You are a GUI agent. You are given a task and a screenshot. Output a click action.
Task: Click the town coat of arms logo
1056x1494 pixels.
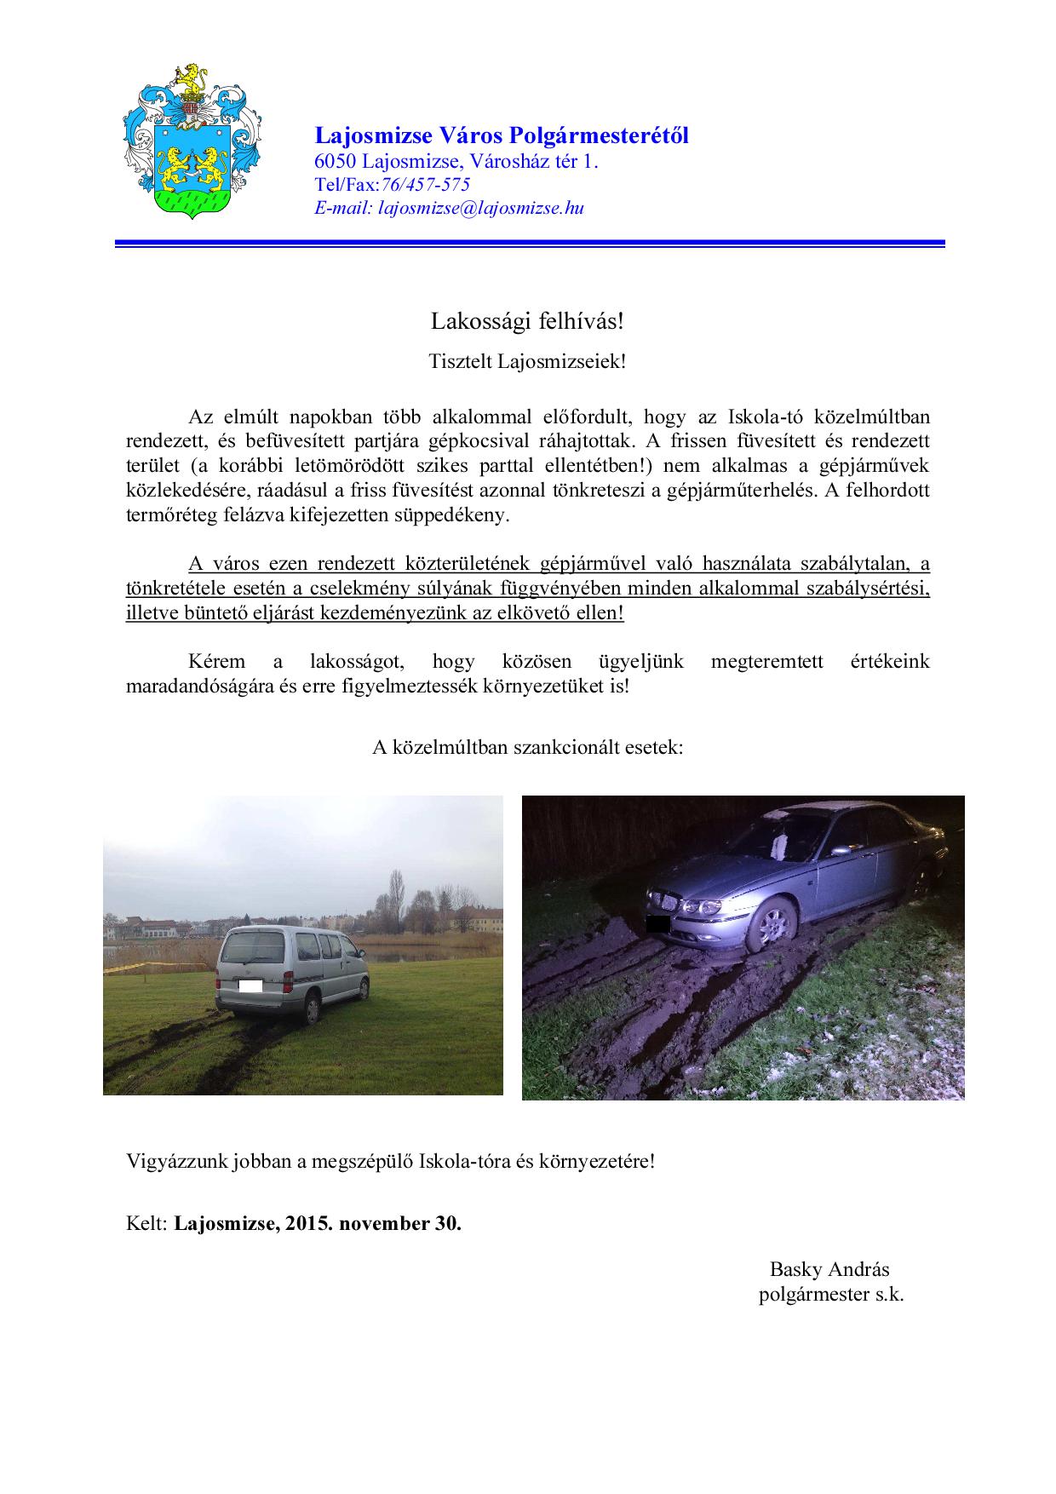pos(188,141)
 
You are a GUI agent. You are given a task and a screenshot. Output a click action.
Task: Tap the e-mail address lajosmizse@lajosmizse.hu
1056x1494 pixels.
pos(481,208)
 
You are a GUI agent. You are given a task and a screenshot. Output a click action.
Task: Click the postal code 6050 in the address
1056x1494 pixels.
pos(336,162)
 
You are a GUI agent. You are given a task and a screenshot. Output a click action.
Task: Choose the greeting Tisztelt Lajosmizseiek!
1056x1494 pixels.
pos(527,361)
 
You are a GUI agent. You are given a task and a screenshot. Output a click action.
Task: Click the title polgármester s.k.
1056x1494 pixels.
pos(831,1295)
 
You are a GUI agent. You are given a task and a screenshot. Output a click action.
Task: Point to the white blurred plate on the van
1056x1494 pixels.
pos(250,987)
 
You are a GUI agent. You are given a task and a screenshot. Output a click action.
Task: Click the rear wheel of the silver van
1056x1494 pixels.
pos(312,1010)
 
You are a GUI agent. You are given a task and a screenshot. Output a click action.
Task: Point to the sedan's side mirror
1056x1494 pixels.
pos(841,849)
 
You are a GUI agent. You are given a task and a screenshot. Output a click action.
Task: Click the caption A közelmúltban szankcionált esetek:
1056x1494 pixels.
pos(528,748)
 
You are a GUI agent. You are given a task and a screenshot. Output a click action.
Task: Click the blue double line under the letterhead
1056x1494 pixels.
pos(530,244)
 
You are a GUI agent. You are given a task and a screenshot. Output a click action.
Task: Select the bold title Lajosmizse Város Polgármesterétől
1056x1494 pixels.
pos(502,135)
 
